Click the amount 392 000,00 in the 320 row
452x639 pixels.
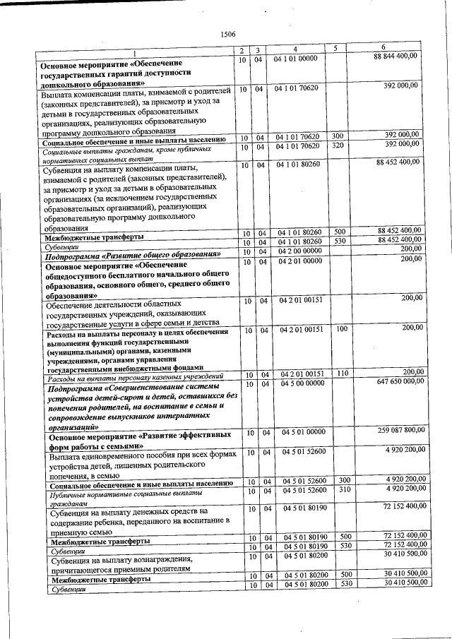400,144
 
